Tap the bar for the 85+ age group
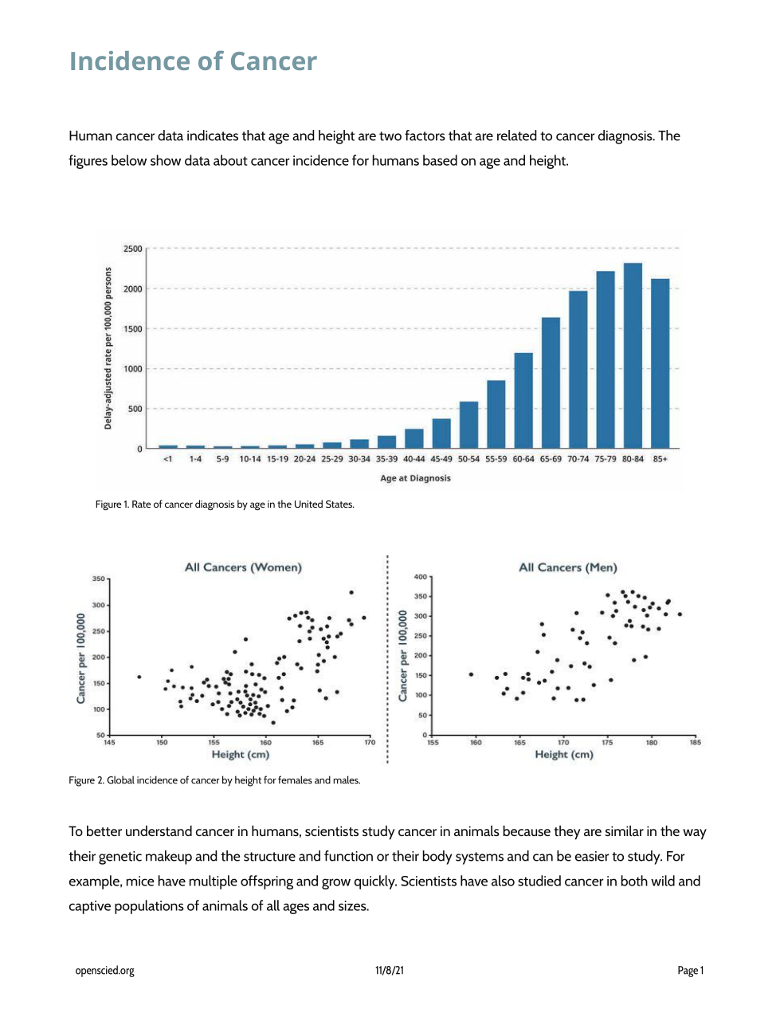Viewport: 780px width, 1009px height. pyautogui.click(x=660, y=363)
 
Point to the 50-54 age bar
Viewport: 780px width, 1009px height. pyautogui.click(x=468, y=425)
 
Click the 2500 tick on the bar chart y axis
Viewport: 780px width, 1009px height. pyautogui.click(x=132, y=249)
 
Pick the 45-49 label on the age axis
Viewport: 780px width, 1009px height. pyautogui.click(x=441, y=459)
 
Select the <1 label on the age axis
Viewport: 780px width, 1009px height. pyautogui.click(x=167, y=459)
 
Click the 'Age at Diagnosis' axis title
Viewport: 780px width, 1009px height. pyautogui.click(x=415, y=478)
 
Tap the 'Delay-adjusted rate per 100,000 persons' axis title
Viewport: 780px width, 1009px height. pyautogui.click(x=108, y=348)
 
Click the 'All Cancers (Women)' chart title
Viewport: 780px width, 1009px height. pyautogui.click(x=243, y=567)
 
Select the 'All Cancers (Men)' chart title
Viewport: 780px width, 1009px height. pyautogui.click(x=567, y=567)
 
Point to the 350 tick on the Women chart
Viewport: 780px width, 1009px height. pyautogui.click(x=99, y=579)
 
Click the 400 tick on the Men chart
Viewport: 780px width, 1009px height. pyautogui.click(x=421, y=576)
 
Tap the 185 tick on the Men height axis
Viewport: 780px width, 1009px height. pyautogui.click(x=695, y=743)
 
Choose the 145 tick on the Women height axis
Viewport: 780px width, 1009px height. pyautogui.click(x=109, y=743)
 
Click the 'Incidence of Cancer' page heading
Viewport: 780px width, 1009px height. pyautogui.click(x=193, y=61)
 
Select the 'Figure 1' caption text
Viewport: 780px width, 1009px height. pyautogui.click(x=225, y=504)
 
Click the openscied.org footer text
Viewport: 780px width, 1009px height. pyautogui.click(x=104, y=971)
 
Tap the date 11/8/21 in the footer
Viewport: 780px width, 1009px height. pyautogui.click(x=390, y=971)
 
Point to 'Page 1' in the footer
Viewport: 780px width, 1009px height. pyautogui.click(x=690, y=971)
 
